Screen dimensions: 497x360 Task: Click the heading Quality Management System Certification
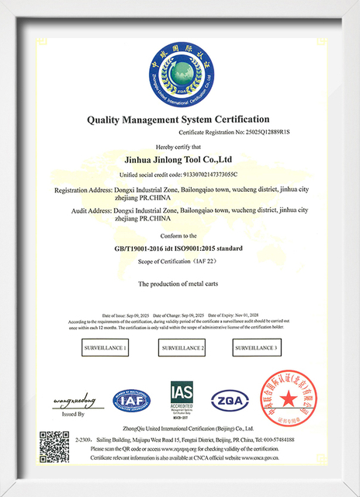click(x=179, y=120)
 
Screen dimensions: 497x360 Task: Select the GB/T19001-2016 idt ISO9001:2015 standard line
click(x=179, y=248)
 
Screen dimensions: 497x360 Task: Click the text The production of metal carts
click(x=179, y=284)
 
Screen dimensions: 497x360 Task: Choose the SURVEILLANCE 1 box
click(x=105, y=348)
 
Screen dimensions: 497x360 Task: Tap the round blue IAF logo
click(x=131, y=401)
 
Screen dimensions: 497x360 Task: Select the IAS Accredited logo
click(x=182, y=400)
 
